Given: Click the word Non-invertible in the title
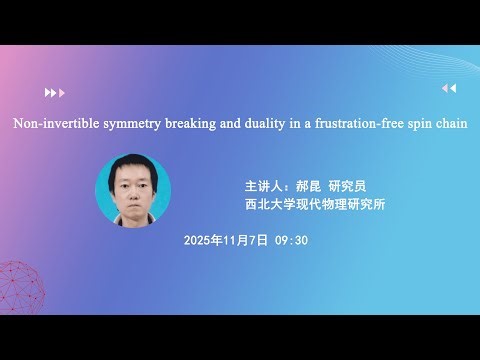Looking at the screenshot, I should click(x=51, y=124).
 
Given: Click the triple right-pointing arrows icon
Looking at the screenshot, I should click(x=54, y=92).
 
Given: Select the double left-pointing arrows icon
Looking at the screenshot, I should click(x=448, y=88).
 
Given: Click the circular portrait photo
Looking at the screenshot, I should click(x=133, y=190).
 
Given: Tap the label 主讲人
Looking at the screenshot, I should click(x=264, y=187).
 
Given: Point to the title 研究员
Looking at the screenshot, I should click(x=345, y=187).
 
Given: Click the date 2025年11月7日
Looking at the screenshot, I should click(x=226, y=240).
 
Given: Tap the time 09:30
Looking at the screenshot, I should click(x=291, y=240).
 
